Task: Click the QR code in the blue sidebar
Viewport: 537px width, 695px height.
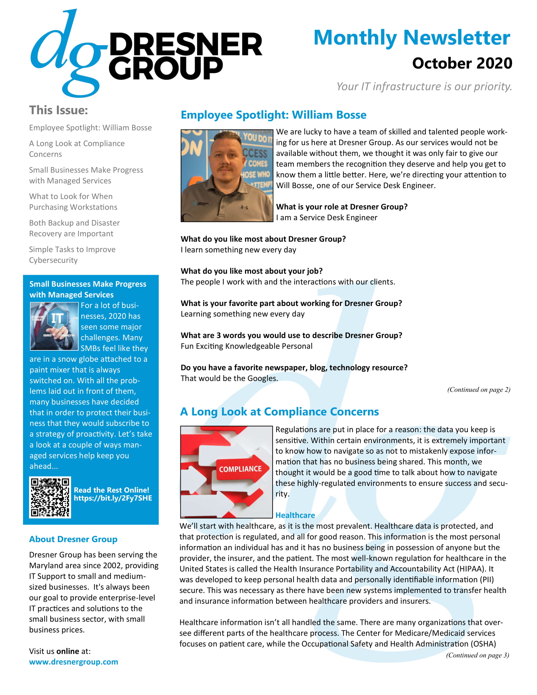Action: point(50,497)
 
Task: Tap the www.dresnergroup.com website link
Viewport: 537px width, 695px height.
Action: point(74,662)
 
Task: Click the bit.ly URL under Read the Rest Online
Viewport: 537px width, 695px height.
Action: point(113,498)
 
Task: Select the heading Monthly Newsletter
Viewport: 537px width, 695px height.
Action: point(412,38)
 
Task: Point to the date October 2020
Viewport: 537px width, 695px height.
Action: point(462,63)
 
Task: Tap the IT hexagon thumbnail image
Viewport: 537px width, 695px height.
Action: point(54,326)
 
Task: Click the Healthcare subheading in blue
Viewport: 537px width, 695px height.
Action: point(295,515)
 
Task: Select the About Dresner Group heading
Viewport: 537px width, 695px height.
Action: point(73,539)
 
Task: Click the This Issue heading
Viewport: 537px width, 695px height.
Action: point(58,110)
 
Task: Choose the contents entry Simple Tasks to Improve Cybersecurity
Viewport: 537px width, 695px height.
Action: point(72,255)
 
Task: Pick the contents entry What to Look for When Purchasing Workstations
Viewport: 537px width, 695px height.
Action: point(73,202)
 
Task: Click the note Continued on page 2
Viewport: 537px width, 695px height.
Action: point(479,390)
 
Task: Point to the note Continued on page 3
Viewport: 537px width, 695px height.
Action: point(477,655)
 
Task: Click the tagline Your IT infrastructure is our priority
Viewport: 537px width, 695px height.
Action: point(424,87)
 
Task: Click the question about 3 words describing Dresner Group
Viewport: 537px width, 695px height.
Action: point(292,335)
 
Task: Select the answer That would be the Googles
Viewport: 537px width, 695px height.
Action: point(229,378)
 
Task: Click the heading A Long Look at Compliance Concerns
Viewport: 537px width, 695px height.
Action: point(279,412)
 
